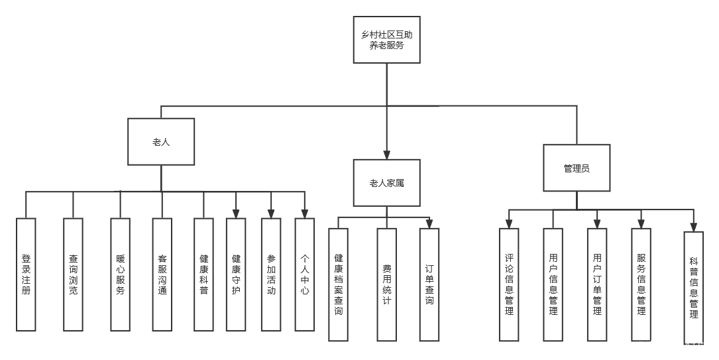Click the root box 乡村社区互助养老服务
[386, 40]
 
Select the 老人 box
[161, 142]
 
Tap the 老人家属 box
[386, 182]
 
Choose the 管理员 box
[577, 168]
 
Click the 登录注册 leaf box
[26, 274]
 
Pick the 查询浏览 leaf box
[73, 274]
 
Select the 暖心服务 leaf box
[120, 274]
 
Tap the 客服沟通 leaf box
[162, 274]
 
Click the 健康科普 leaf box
[204, 274]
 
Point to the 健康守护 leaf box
[236, 274]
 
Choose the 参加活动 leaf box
[271, 274]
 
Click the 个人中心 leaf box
[304, 274]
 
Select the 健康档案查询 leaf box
[338, 284]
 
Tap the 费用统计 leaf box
[387, 284]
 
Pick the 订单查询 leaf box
[429, 284]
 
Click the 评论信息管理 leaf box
[509, 284]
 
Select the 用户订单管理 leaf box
[597, 284]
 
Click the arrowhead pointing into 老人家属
[386, 154]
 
